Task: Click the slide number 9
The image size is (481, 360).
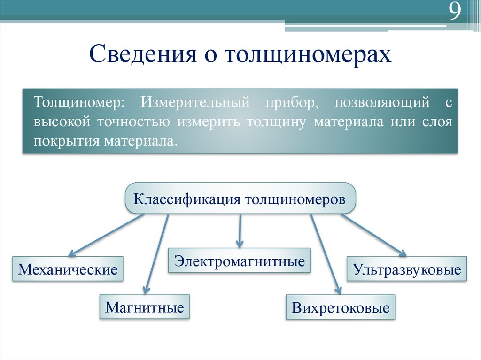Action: click(x=454, y=13)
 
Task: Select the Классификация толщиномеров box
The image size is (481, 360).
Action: click(x=240, y=199)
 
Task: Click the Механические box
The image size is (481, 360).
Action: click(x=68, y=269)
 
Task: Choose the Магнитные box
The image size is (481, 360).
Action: click(x=144, y=307)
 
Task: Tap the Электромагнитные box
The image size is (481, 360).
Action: click(x=240, y=260)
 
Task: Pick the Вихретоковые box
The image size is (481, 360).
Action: click(x=341, y=308)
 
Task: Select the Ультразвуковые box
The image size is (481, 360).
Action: click(x=407, y=269)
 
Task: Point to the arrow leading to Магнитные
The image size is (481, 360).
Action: click(x=156, y=253)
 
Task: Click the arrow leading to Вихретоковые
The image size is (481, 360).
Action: click(x=325, y=253)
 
